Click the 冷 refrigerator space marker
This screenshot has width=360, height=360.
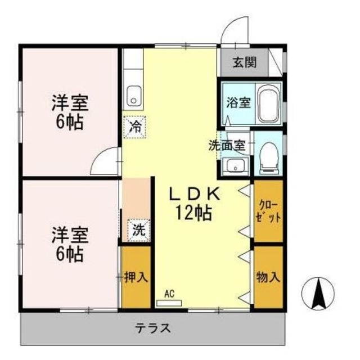tap(135, 126)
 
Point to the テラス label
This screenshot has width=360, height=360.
tap(152, 327)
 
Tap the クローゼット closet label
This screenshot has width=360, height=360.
tap(268, 210)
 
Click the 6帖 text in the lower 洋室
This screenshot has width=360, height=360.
tap(69, 254)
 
